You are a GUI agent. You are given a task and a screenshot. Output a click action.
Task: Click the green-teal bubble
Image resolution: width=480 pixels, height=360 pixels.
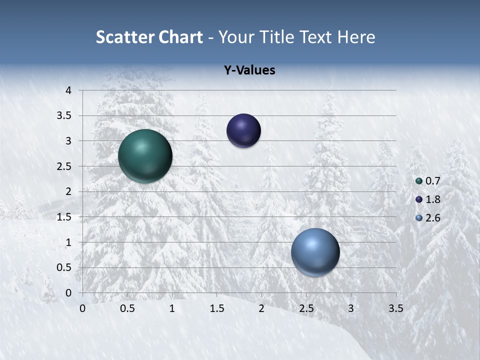(145, 156)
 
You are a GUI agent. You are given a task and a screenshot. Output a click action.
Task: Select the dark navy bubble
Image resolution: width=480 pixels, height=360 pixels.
(243, 131)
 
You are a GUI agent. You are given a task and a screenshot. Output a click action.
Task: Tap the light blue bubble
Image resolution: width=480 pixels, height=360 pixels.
(315, 252)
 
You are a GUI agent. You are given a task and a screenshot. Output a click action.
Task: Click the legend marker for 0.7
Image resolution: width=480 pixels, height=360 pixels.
(419, 180)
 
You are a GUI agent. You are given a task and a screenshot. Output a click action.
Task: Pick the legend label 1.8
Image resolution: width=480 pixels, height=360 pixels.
(432, 199)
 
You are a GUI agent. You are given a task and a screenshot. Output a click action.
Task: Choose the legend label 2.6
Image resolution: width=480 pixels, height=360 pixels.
(432, 218)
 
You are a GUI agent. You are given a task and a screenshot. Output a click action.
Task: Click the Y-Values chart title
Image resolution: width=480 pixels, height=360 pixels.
(249, 70)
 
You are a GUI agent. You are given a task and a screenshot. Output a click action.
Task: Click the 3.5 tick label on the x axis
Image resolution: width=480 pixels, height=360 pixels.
(395, 308)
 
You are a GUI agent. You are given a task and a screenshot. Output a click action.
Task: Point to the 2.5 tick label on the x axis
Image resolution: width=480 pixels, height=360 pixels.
(306, 308)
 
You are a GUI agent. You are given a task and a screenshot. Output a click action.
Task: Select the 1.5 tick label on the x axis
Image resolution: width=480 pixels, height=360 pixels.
(216, 308)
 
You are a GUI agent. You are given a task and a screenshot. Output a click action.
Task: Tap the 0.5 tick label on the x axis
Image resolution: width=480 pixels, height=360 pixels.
(127, 308)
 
